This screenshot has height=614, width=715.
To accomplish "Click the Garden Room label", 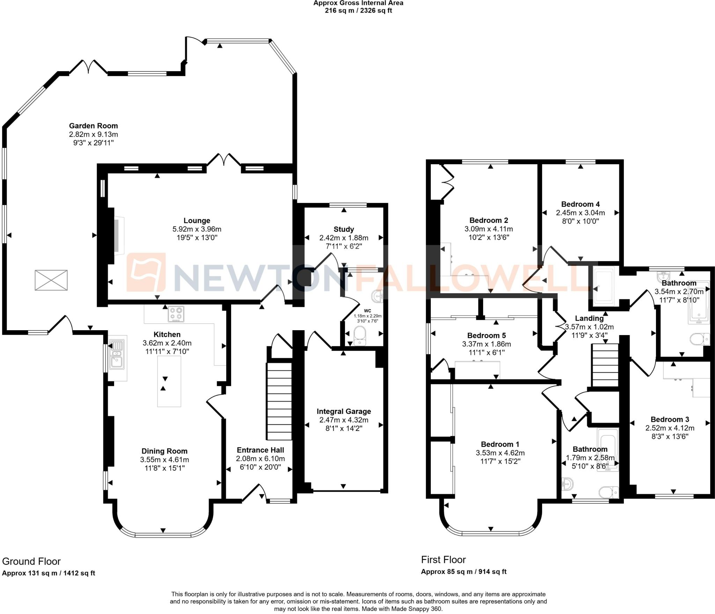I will click(93, 126).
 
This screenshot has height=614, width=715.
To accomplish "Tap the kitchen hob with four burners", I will click(176, 314).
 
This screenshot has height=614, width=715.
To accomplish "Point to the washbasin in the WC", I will click(378, 297).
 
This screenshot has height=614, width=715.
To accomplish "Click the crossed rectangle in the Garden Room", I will click(51, 280).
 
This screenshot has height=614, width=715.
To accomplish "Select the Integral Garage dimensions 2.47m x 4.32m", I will click(344, 420).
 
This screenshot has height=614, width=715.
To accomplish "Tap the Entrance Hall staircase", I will click(279, 401).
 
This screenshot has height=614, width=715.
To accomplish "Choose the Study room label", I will click(344, 229).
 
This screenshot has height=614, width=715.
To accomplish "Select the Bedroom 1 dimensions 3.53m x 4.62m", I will click(500, 453).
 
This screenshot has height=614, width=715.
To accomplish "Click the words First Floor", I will click(443, 560).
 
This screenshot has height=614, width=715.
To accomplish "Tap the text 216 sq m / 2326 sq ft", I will click(358, 10).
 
